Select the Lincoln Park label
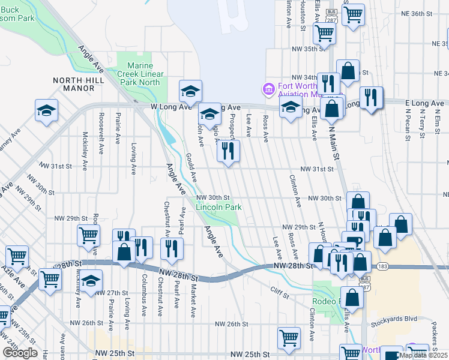coord(219,207)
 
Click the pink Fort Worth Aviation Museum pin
coord(268,89)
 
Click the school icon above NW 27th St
coord(91,281)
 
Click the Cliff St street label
coord(279,295)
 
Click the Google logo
coord(20,352)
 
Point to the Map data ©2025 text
coord(423,355)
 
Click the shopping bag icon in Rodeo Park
coord(354,296)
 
